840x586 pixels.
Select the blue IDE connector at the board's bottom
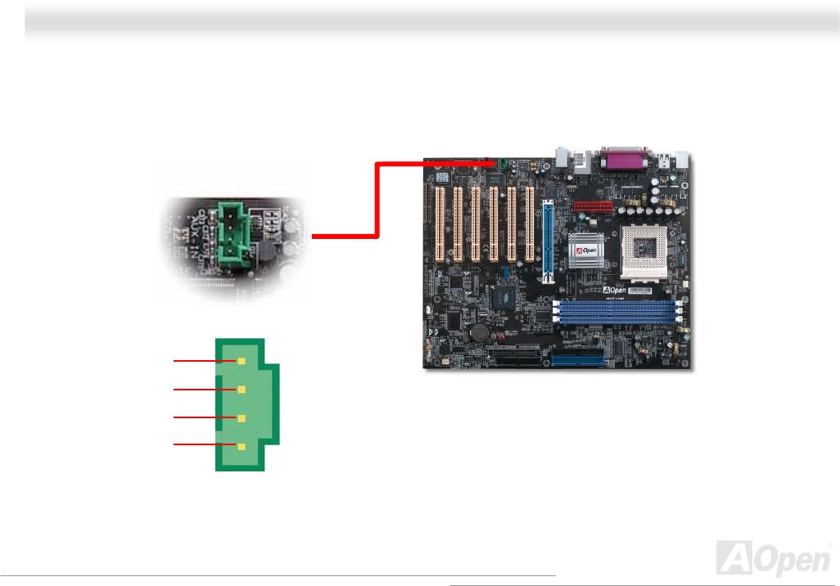click(x=578, y=359)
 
